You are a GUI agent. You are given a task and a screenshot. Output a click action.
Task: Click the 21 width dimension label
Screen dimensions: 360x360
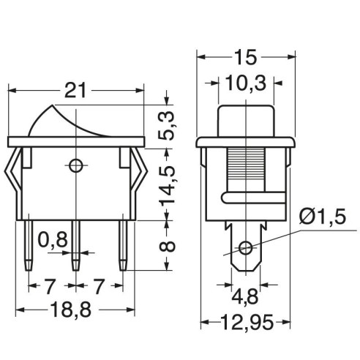[75, 91]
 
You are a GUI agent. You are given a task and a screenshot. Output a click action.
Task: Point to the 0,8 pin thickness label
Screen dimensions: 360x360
[53, 239]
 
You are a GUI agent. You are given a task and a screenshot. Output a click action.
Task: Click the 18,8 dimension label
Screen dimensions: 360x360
[71, 310]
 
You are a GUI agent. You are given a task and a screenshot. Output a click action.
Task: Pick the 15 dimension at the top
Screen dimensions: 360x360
[246, 57]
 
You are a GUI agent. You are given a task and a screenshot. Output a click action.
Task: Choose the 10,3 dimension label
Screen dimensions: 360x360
[246, 83]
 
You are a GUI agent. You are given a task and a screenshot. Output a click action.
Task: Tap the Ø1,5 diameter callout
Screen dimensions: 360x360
[323, 217]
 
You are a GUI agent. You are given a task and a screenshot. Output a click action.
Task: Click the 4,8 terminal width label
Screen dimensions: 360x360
[244, 296]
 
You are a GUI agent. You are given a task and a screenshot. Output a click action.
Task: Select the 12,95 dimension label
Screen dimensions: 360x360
[247, 322]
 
